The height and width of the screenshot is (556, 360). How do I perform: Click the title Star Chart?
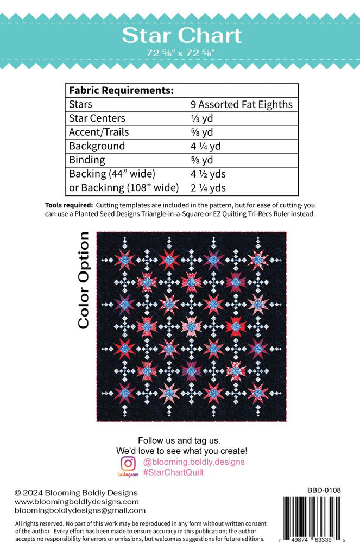coord(181,35)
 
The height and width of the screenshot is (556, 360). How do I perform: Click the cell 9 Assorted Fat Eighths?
coord(241,104)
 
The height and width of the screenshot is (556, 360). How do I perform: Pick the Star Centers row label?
coord(97,118)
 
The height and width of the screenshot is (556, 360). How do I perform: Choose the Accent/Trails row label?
coord(99,132)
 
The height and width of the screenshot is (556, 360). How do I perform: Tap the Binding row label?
coord(87,160)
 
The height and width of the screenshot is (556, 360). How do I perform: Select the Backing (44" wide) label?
coord(112,174)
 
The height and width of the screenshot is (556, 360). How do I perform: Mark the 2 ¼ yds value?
coord(208,188)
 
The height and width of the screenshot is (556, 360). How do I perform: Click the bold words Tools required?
coord(69,205)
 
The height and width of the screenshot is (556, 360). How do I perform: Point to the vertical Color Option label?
coord(83,280)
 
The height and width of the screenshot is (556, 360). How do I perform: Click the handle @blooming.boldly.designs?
coord(193,462)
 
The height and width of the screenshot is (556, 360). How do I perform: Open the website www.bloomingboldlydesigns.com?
coord(77,501)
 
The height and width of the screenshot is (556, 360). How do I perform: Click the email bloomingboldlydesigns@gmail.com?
coord(80,510)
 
